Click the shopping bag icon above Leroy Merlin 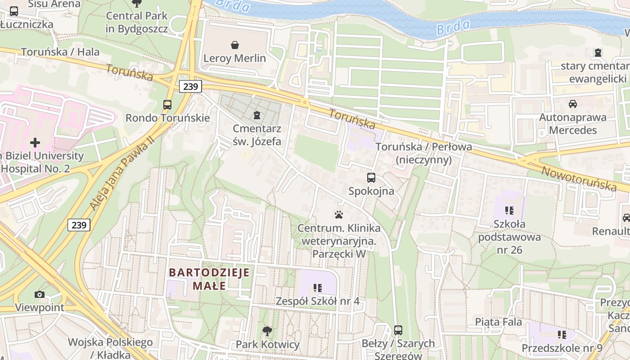[x=234, y=45]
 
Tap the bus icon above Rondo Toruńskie [x=167, y=105]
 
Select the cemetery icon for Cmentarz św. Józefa [x=257, y=116]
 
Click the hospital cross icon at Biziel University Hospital [x=35, y=143]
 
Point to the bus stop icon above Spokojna [x=371, y=178]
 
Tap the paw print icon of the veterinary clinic [x=339, y=215]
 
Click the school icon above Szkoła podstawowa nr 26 [x=509, y=210]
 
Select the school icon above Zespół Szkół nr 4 [x=318, y=288]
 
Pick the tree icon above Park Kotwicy [x=267, y=331]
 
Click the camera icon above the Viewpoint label [x=40, y=294]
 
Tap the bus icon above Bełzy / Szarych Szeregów [x=398, y=330]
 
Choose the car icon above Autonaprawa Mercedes [x=573, y=104]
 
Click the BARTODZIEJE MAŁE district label [x=209, y=279]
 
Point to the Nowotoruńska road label [x=578, y=178]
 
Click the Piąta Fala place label [x=499, y=322]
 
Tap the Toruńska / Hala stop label [x=60, y=52]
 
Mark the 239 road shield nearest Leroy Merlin [x=191, y=86]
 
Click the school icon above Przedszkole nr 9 [x=562, y=334]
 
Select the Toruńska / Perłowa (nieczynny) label [x=423, y=153]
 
